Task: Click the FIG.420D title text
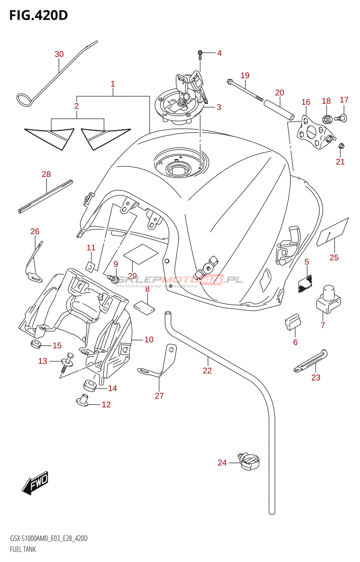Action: (38, 15)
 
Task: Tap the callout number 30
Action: (59, 54)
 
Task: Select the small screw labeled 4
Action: (200, 54)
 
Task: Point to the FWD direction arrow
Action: (35, 483)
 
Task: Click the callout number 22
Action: (207, 371)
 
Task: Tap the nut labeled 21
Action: (341, 146)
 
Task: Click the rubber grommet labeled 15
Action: (36, 344)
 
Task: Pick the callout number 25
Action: (334, 257)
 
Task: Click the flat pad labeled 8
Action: (144, 307)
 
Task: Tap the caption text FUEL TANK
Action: (23, 549)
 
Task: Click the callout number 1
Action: (113, 84)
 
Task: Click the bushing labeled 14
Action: (90, 385)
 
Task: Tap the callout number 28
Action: (46, 174)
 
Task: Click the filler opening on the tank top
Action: (180, 169)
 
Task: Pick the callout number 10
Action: (149, 340)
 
